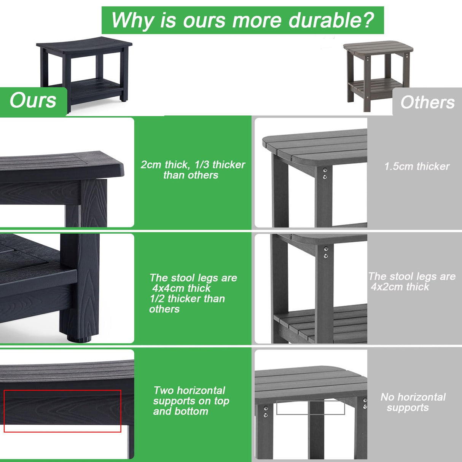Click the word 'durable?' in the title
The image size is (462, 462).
tap(331, 20)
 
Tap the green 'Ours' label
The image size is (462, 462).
tap(33, 101)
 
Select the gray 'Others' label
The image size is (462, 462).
tap(427, 102)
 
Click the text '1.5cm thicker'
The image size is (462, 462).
tap(417, 166)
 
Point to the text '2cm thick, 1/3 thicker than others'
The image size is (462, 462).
tap(193, 170)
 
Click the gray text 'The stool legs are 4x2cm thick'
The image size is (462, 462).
tap(412, 282)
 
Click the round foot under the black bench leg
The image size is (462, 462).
tap(80, 339)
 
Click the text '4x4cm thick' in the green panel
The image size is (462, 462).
tap(181, 288)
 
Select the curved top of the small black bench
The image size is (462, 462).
tap(84, 45)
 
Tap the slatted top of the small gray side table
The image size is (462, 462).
tap(378, 48)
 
